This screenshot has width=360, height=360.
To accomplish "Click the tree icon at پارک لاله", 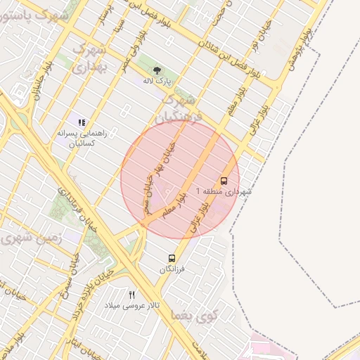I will coord(157,70).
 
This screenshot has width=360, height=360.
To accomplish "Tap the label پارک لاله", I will coord(157,81).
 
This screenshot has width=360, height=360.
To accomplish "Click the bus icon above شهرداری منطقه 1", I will coord(224,180).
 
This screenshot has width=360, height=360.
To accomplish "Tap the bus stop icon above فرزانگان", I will coord(172,259).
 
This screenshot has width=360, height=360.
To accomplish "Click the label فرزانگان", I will coord(172,270).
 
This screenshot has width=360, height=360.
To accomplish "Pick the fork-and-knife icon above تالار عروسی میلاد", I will coord(131,295).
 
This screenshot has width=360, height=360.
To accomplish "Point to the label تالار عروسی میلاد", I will coord(132,306).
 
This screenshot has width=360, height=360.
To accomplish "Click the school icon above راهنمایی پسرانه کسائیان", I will coord(82,122).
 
